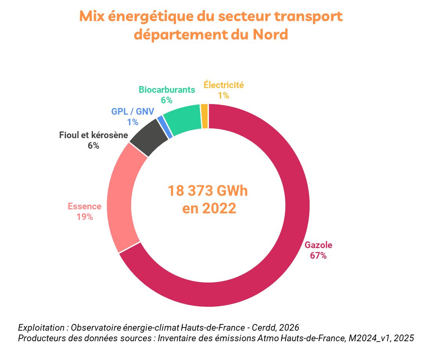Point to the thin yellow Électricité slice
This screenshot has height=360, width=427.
[204, 116]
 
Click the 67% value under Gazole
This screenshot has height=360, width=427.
[318, 256]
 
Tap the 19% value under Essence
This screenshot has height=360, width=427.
[85, 217]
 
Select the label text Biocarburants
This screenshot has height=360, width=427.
[167, 90]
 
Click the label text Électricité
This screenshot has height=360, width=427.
[223, 85]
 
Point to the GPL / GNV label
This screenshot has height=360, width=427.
[132, 112]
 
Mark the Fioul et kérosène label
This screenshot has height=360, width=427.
[94, 136]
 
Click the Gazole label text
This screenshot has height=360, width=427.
[318, 246]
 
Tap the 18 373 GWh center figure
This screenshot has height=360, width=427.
[208, 191]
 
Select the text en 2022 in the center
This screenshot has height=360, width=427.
[209, 209]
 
